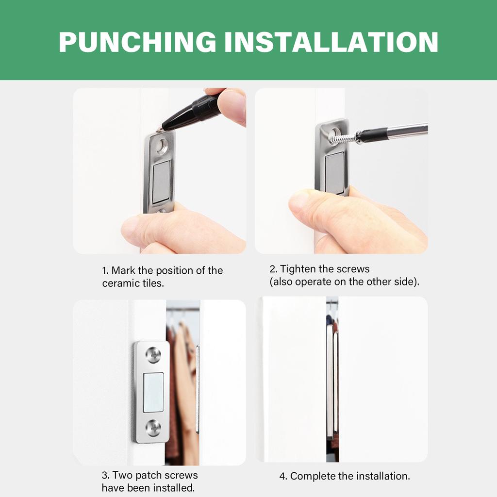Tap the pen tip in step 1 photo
[x=159, y=130]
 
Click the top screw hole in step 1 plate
[x=162, y=145]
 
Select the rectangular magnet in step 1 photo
[x=161, y=182]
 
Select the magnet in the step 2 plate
[x=334, y=172]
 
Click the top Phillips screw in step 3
[x=153, y=356]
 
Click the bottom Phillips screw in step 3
[x=153, y=428]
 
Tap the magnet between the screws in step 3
[x=153, y=392]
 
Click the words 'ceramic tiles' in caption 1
[x=133, y=283]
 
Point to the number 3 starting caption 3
[x=104, y=475]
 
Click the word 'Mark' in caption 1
[x=124, y=270]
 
